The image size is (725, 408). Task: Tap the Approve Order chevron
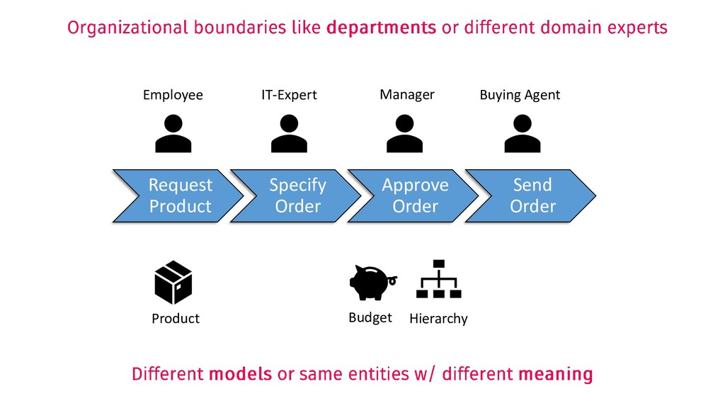tap(415, 195)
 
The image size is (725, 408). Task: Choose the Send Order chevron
tap(532, 195)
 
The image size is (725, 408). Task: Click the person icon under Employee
tap(173, 134)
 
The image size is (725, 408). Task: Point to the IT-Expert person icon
tap(288, 134)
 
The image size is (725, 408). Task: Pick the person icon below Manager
tap(404, 134)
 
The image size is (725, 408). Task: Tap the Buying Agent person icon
tap(522, 134)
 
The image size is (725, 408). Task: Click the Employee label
tap(173, 95)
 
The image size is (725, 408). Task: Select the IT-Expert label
tap(289, 95)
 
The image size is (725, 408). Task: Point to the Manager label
tap(407, 94)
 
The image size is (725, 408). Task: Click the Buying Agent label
tap(520, 95)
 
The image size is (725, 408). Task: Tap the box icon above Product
tap(173, 283)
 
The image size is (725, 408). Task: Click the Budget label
tap(370, 318)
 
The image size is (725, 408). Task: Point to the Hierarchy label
tap(438, 319)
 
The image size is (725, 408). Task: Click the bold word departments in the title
tap(382, 28)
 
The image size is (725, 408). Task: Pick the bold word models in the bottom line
tap(241, 373)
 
